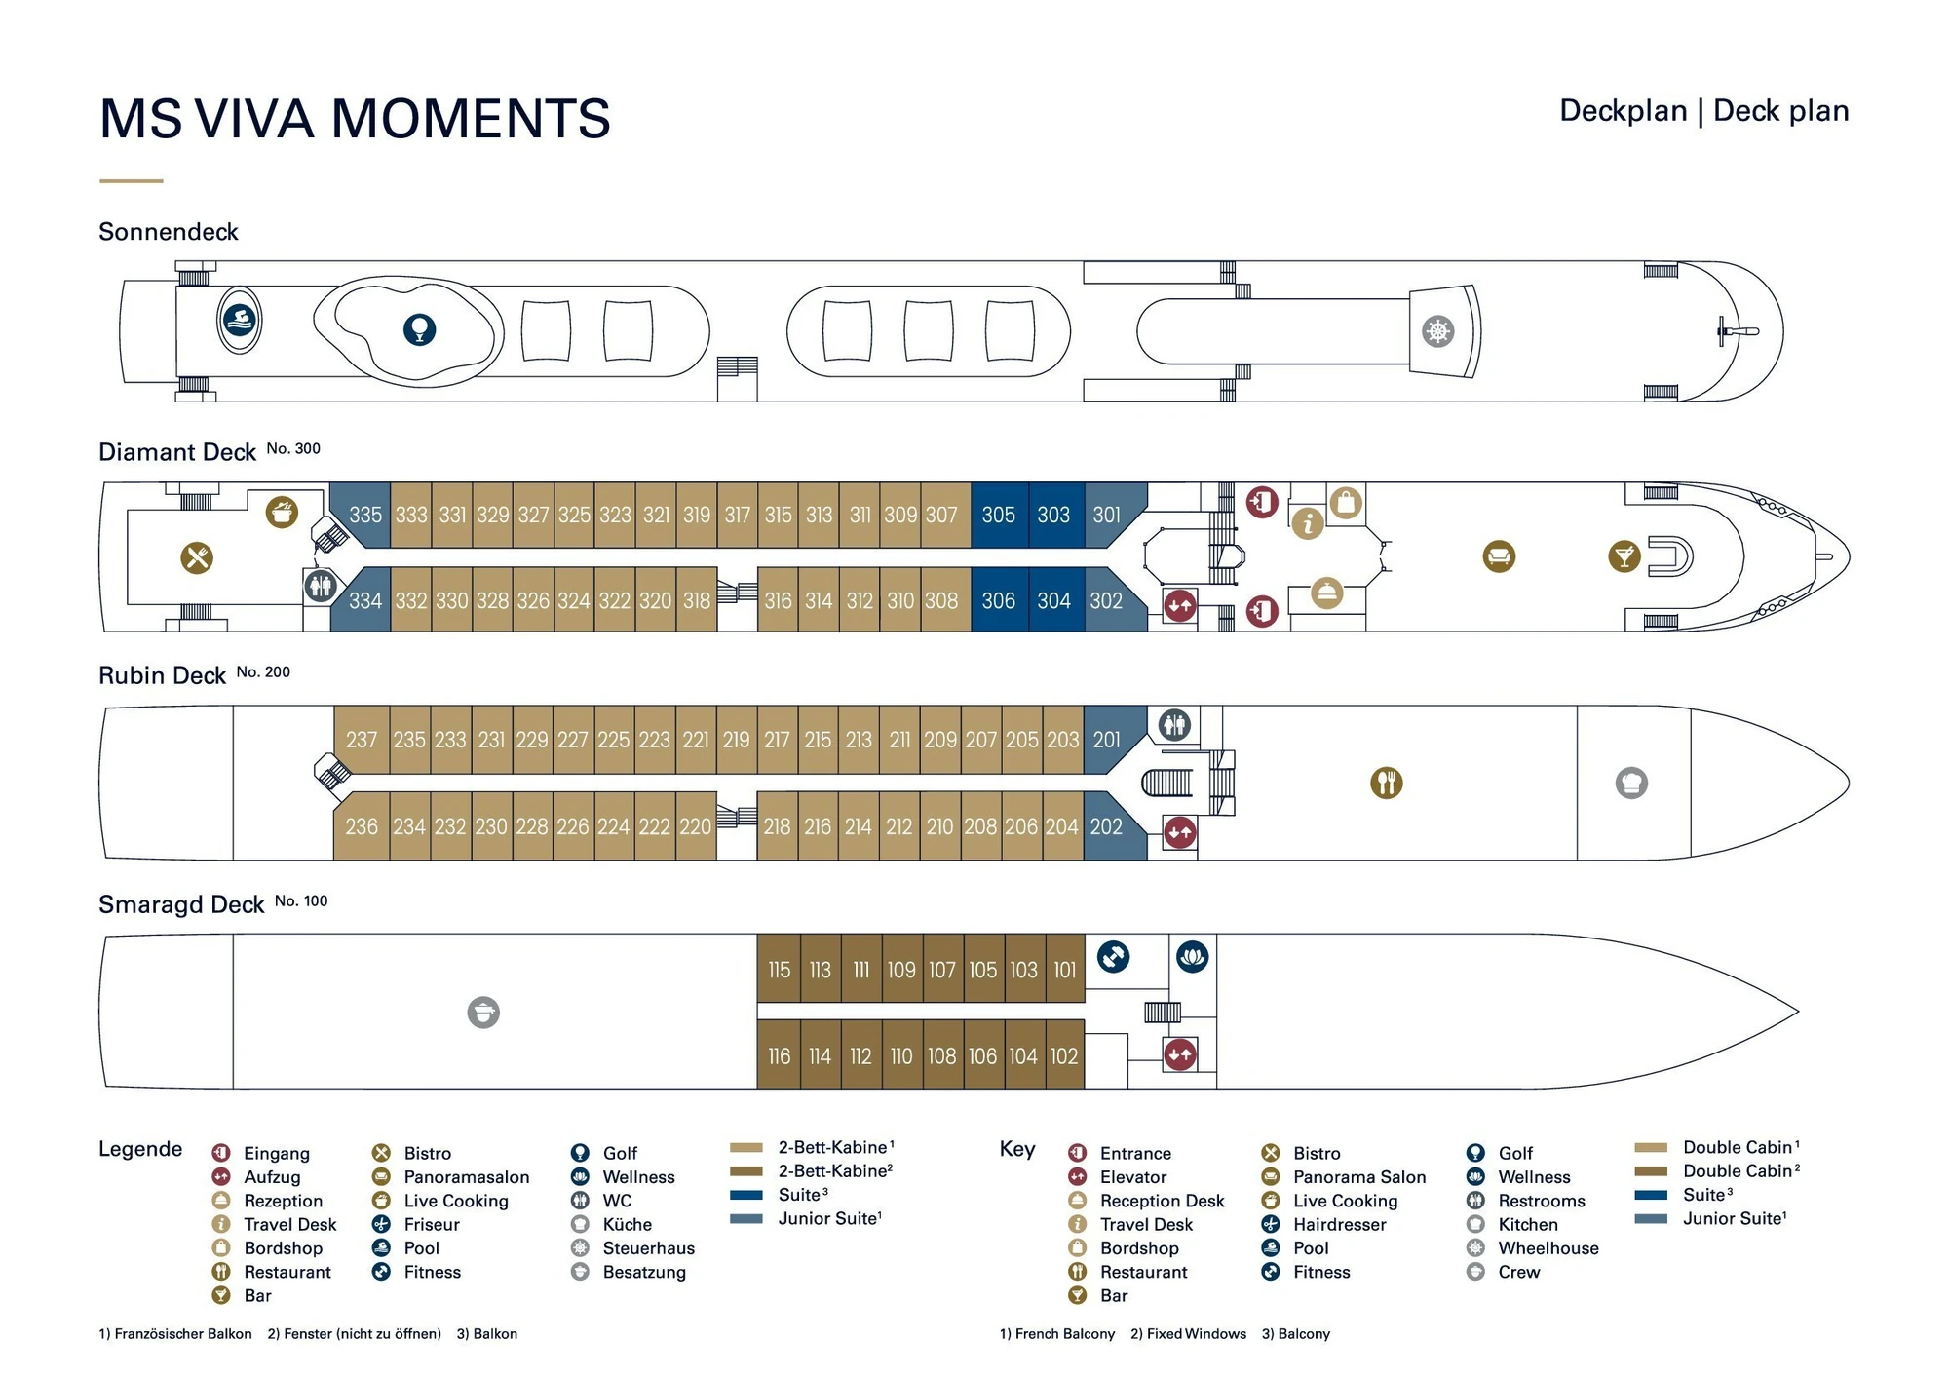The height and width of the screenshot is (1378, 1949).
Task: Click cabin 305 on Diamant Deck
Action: pyautogui.click(x=998, y=515)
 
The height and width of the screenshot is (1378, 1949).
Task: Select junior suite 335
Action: pyautogui.click(x=364, y=515)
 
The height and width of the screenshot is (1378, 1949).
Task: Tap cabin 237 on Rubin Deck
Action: pyautogui.click(x=361, y=740)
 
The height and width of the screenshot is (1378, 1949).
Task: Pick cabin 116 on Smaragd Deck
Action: pyautogui.click(x=779, y=1056)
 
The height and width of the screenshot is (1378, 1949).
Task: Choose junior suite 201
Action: pyautogui.click(x=1106, y=740)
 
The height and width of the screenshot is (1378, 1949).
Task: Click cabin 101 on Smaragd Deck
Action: pyautogui.click(x=1064, y=970)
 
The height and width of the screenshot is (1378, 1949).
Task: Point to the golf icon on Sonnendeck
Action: pyautogui.click(x=419, y=329)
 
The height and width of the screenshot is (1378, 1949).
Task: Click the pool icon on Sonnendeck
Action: pyautogui.click(x=240, y=320)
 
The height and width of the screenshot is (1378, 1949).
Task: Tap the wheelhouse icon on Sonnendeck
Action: pyautogui.click(x=1438, y=331)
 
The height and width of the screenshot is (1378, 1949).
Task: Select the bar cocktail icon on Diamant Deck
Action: pyautogui.click(x=1624, y=556)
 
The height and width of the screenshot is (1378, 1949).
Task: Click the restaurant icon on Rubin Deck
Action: pyautogui.click(x=1386, y=783)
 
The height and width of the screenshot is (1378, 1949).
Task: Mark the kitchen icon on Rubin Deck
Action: pyautogui.click(x=1631, y=783)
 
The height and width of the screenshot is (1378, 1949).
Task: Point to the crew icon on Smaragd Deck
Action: pyautogui.click(x=483, y=1013)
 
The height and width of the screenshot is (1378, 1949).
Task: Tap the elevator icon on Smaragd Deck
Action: pyautogui.click(x=1180, y=1054)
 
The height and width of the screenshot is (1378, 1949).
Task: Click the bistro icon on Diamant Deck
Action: pyautogui.click(x=197, y=557)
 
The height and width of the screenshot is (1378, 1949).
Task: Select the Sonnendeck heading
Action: pyautogui.click(x=169, y=232)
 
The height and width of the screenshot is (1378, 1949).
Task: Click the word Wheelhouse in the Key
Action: pyautogui.click(x=1548, y=1248)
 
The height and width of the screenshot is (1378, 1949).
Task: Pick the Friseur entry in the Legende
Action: pyautogui.click(x=432, y=1225)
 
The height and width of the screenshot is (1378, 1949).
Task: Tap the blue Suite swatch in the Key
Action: pyautogui.click(x=1651, y=1195)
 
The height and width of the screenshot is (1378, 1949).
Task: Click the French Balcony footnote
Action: pyautogui.click(x=1057, y=1334)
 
